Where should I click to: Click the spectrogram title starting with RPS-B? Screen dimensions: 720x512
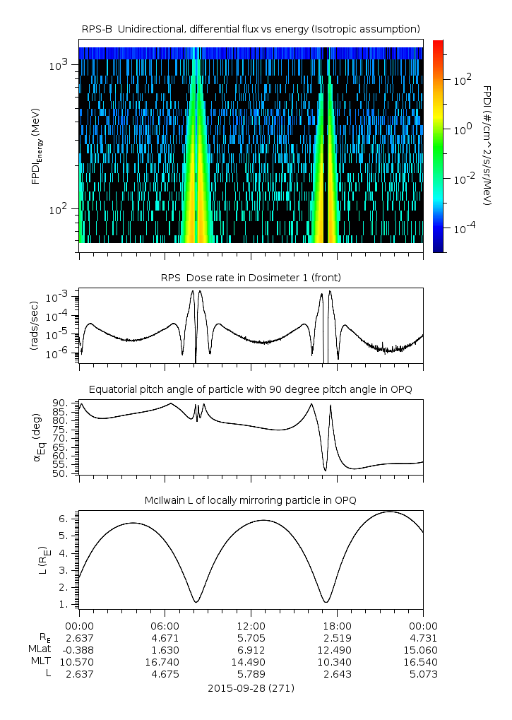pos(251,28)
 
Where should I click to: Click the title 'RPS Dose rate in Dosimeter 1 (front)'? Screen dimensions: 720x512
pos(251,278)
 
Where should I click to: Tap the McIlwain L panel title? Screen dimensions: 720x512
pos(251,500)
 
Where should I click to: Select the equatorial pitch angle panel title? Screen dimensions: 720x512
pos(251,389)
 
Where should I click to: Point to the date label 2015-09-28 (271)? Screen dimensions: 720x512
pos(251,687)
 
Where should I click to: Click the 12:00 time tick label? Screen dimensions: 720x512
pos(251,625)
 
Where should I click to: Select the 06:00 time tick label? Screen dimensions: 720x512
pos(165,625)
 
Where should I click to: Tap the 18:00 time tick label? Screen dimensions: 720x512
pos(337,625)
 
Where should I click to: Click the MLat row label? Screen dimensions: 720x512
pos(39,649)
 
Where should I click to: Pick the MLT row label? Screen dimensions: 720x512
pos(39,661)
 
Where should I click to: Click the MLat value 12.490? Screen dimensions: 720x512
pos(337,649)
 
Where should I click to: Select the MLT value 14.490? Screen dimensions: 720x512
pos(251,661)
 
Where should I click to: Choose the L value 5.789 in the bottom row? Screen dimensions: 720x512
pos(251,674)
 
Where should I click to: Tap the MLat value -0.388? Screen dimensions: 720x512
pos(79,649)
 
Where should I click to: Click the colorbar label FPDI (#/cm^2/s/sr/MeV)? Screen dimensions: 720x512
pos(487,145)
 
